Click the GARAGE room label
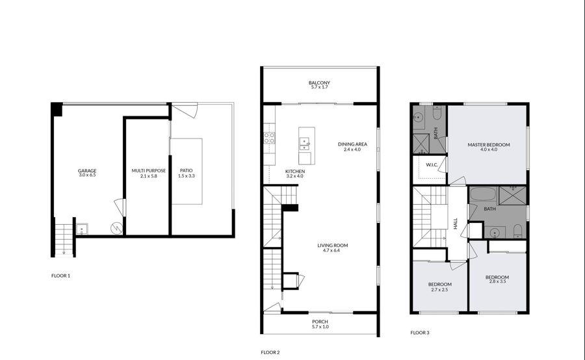[x=87, y=170]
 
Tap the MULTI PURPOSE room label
[x=148, y=171]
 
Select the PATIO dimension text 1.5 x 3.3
[x=186, y=175]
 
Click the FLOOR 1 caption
[x=61, y=276]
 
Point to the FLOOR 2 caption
[x=270, y=352]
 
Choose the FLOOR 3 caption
[x=420, y=333]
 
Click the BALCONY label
[x=319, y=83]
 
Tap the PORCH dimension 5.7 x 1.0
[x=320, y=327]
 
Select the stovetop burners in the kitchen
[x=269, y=138]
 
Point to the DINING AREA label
[x=352, y=144]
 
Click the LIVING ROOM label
[x=333, y=246]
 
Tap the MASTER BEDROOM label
[x=489, y=145]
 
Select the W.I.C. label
[x=432, y=165]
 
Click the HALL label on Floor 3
[x=456, y=224]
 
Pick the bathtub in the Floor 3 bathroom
[x=483, y=195]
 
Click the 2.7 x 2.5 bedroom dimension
[x=439, y=289]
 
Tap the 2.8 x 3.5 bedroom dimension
[x=497, y=281]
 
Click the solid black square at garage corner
[x=57, y=109]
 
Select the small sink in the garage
[x=82, y=229]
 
